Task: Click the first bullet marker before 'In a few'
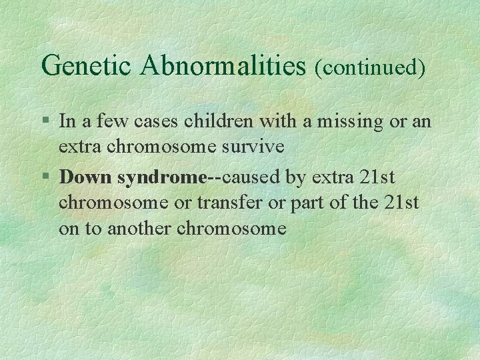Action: [45, 122]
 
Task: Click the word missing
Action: [341, 121]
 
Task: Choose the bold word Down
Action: [86, 177]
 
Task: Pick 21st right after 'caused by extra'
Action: [378, 177]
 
